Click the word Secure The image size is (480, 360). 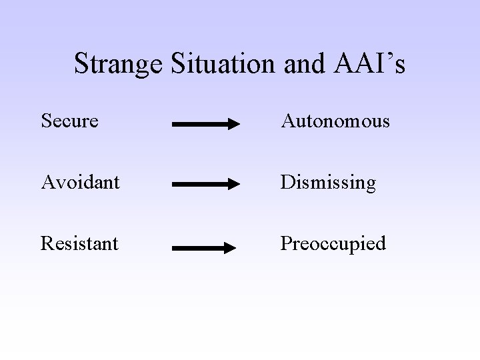click(x=69, y=121)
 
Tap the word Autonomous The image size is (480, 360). click(x=335, y=121)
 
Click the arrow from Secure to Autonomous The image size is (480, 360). click(x=205, y=124)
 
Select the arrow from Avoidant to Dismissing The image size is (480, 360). click(x=205, y=185)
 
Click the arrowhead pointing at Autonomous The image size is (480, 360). click(x=233, y=124)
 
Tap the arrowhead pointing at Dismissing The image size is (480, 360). click(x=233, y=185)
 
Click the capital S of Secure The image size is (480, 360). click(x=45, y=121)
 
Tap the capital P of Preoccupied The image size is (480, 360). click(x=285, y=244)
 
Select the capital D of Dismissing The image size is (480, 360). click(x=287, y=183)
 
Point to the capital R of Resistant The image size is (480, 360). click(x=46, y=244)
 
